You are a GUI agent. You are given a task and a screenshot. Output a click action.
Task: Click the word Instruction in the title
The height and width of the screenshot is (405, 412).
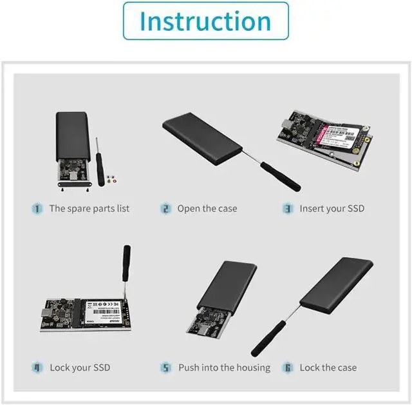[x=205, y=21]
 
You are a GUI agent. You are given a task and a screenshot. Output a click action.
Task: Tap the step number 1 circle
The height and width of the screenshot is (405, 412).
[x=37, y=208]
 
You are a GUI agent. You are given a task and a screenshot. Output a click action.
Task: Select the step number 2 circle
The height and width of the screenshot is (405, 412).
[x=165, y=208]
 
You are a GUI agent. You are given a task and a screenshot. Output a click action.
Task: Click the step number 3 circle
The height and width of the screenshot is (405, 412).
[x=288, y=208]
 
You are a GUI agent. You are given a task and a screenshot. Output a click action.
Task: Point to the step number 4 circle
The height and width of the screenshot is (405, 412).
[x=37, y=368]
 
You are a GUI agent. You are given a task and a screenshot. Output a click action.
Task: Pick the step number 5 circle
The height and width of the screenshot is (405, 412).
[x=165, y=368]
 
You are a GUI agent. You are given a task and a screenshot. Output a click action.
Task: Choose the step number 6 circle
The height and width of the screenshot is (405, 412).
[x=288, y=368]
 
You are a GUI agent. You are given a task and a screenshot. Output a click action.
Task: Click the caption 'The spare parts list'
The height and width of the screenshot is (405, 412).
[x=89, y=208]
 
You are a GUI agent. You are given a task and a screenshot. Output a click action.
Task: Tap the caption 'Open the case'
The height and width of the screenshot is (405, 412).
[x=207, y=208]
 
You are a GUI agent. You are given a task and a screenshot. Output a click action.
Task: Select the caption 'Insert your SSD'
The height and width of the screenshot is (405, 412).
[x=332, y=208]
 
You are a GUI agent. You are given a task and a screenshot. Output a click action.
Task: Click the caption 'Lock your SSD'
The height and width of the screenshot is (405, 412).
[x=80, y=368]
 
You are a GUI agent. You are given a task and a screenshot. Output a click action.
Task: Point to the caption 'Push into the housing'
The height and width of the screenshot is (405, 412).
[x=224, y=368]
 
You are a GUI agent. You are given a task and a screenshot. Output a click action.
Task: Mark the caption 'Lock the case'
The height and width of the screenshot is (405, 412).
[x=328, y=368]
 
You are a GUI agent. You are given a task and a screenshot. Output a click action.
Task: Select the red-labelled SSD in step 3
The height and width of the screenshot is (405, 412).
[x=337, y=136]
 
